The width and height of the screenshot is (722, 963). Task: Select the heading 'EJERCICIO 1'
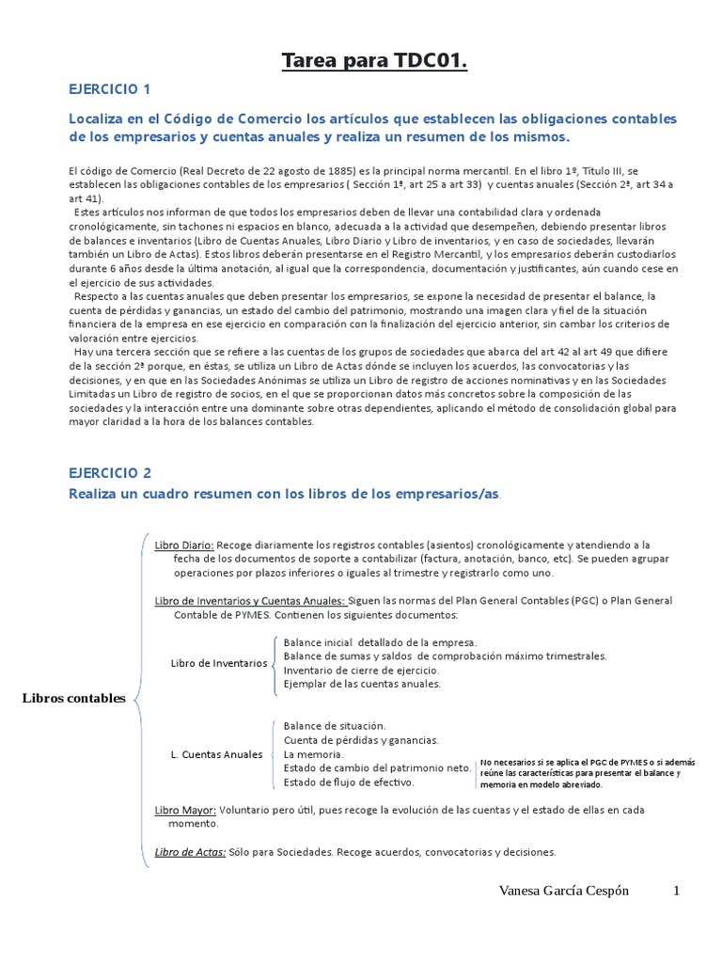pyautogui.click(x=109, y=89)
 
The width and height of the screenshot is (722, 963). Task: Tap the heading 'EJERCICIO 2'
pyautogui.click(x=110, y=473)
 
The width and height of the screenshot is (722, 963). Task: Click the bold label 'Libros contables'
pyautogui.click(x=73, y=698)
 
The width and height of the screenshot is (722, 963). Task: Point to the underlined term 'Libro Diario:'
pyautogui.click(x=184, y=545)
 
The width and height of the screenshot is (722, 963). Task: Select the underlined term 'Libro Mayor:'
pyautogui.click(x=185, y=810)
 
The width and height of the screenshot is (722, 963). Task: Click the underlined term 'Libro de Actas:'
pyautogui.click(x=190, y=852)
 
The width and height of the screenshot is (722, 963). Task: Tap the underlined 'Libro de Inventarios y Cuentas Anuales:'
pyautogui.click(x=250, y=601)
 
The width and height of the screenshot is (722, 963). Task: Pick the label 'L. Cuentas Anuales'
pyautogui.click(x=216, y=754)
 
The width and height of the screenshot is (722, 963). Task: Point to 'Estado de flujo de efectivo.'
pyautogui.click(x=349, y=781)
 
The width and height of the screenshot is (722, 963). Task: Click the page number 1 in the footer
pyautogui.click(x=675, y=891)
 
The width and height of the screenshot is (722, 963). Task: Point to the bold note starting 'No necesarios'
pyautogui.click(x=587, y=772)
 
